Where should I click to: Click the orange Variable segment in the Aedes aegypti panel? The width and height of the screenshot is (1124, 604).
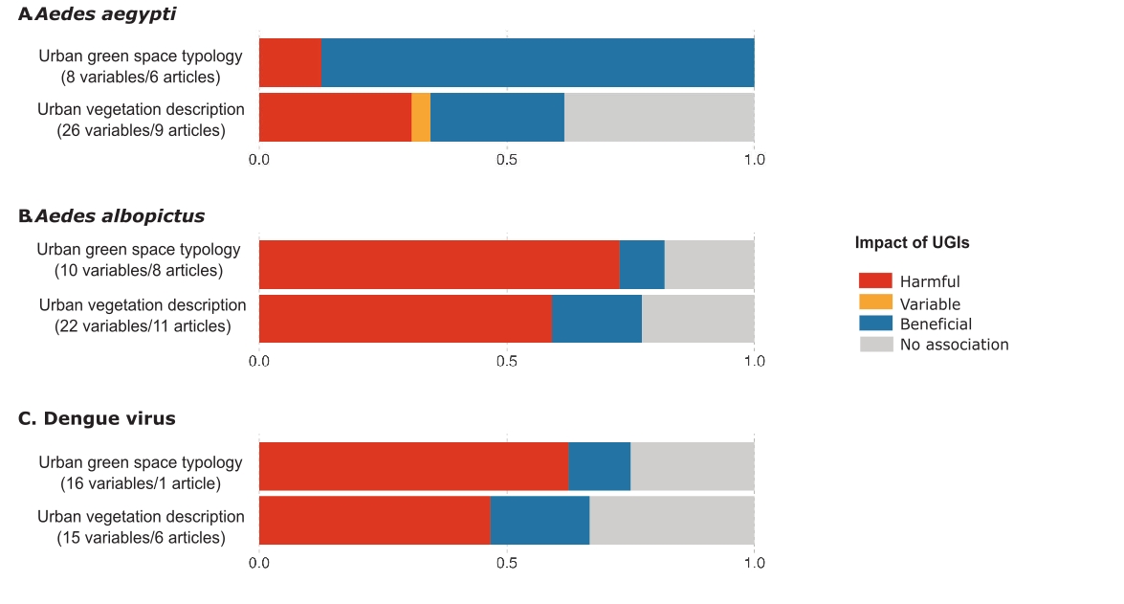click(421, 118)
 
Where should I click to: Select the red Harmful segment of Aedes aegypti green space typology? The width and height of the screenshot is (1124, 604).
click(290, 63)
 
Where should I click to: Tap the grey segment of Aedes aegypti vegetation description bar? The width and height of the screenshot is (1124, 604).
click(659, 118)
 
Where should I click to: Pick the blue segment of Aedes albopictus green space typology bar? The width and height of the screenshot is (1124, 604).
click(642, 264)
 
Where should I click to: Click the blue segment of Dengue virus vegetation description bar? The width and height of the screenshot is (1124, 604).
click(540, 520)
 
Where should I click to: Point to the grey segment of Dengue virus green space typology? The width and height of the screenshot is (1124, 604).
click(692, 466)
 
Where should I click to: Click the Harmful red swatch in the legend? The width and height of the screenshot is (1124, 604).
click(875, 280)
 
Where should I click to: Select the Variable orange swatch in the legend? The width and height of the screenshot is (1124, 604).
click(875, 302)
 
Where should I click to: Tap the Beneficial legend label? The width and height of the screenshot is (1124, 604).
click(936, 324)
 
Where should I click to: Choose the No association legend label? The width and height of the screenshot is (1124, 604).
click(954, 345)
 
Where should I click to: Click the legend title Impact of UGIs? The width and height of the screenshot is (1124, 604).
click(912, 243)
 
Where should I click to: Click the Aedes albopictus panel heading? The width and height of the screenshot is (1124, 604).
click(112, 216)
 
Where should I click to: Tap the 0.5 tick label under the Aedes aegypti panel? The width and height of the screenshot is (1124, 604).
click(507, 159)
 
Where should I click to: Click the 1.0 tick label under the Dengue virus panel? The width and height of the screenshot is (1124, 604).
click(754, 563)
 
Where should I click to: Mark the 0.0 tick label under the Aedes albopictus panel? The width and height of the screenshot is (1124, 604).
click(259, 361)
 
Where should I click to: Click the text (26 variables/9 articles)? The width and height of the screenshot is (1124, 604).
click(141, 130)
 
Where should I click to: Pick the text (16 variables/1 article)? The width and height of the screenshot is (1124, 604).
click(141, 483)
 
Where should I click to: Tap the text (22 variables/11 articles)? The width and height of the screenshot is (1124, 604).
click(143, 326)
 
